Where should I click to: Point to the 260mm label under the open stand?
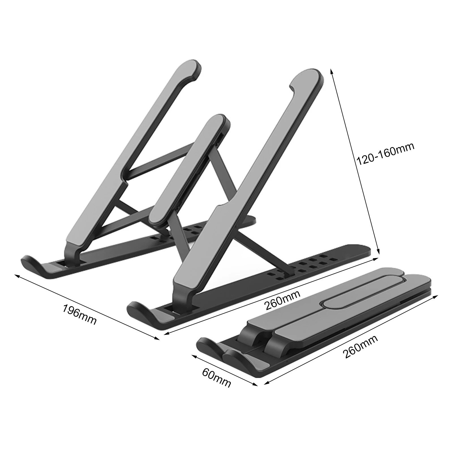282,300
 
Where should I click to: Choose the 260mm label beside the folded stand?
360,347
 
